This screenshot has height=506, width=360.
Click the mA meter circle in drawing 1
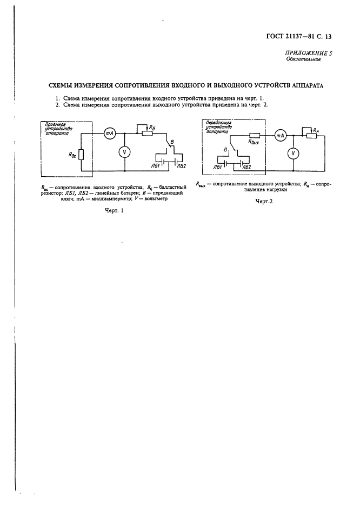pyautogui.click(x=108, y=132)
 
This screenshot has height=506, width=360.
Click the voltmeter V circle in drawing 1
pyautogui.click(x=124, y=152)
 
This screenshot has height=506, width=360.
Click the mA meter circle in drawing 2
pyautogui.click(x=280, y=136)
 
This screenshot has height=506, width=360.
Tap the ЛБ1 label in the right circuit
pyautogui.click(x=218, y=167)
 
